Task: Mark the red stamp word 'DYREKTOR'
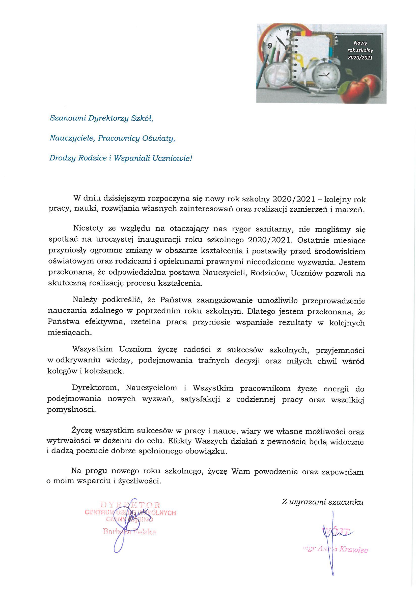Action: pyautogui.click(x=130, y=505)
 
